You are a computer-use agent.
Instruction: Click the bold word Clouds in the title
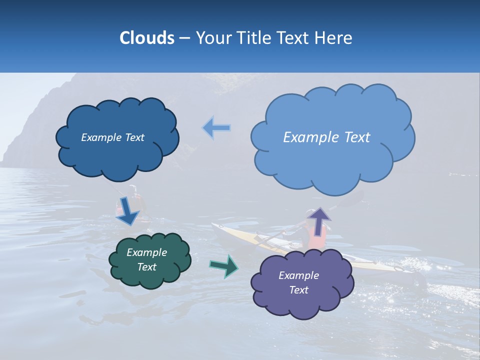coord(147,38)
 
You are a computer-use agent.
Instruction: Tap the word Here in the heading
coord(334,38)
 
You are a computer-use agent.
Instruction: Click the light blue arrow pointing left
coord(216,128)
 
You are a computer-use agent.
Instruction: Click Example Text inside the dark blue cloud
coord(112,137)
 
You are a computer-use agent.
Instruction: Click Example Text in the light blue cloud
coord(326,137)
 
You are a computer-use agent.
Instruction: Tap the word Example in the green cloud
coord(146,252)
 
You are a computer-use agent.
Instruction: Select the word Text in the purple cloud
coord(299,290)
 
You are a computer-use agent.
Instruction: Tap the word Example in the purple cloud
coord(298,275)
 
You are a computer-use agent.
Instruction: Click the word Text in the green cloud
coord(146,267)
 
